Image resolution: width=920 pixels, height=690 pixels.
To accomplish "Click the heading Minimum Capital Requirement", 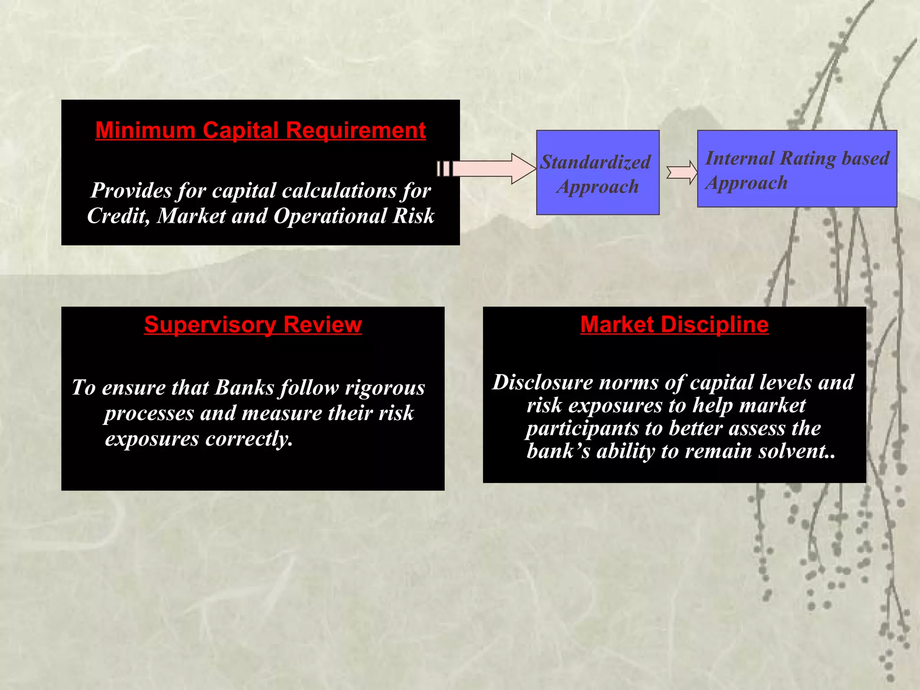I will click(261, 131).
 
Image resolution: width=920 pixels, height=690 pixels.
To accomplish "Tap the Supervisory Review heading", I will click(253, 325).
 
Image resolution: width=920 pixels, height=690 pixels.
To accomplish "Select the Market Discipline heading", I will click(674, 325).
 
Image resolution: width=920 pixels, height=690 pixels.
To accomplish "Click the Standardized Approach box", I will click(597, 172).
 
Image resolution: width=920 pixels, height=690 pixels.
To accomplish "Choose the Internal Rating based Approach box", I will click(797, 169).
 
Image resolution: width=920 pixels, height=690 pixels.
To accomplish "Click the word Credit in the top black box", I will click(118, 216).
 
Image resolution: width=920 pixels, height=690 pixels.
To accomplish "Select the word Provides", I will click(131, 190).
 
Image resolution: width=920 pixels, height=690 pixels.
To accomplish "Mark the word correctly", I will click(249, 439).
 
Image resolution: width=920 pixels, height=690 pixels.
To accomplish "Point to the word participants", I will click(582, 429).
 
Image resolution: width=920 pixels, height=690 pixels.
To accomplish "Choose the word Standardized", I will click(595, 162).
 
